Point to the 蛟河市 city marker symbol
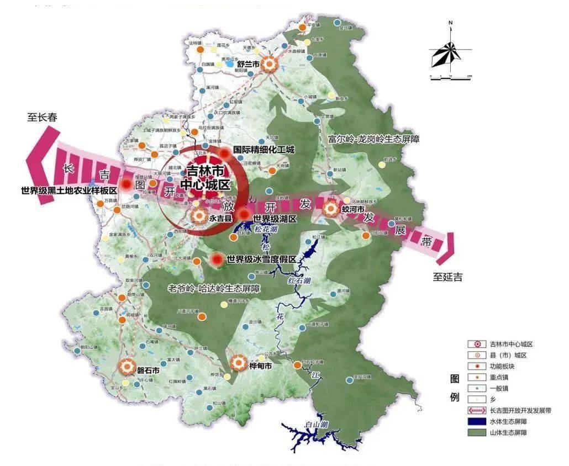330,209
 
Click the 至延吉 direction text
447,277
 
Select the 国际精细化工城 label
264,150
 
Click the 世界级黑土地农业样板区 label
69,190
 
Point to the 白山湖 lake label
317,424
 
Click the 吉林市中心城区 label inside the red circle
201,178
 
